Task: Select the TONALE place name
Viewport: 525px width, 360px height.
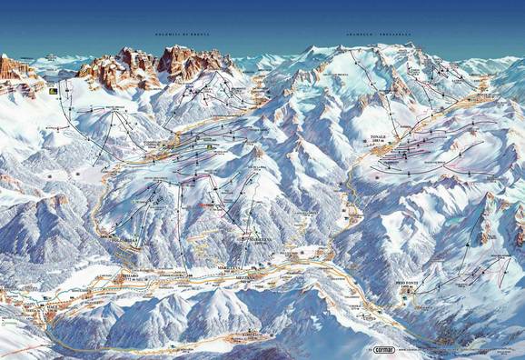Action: pyautogui.click(x=378, y=139)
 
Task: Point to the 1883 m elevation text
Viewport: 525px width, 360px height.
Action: pyautogui.click(x=378, y=145)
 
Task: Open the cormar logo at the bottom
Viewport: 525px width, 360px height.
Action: pyautogui.click(x=381, y=348)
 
